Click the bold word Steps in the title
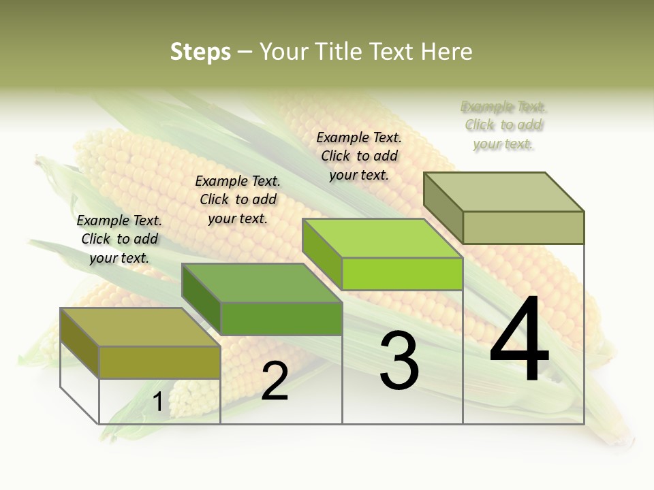(x=200, y=52)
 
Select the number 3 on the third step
(x=399, y=361)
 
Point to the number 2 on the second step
(x=275, y=382)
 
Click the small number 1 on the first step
(x=158, y=402)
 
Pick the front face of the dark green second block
(x=281, y=318)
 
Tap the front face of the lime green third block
(x=402, y=274)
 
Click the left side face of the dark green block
(x=201, y=298)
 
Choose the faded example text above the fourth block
(x=503, y=125)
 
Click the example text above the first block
(x=120, y=239)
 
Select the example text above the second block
(x=238, y=199)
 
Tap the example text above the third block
(x=359, y=156)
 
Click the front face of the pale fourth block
(x=523, y=227)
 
